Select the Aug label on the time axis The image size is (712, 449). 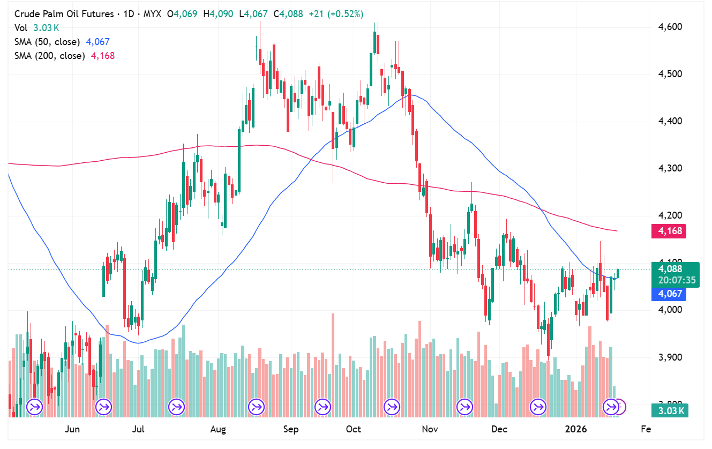218,429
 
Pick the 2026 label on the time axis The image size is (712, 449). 575,429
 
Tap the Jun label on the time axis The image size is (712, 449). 72,429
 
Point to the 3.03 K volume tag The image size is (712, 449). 669,411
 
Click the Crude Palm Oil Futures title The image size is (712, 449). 64,14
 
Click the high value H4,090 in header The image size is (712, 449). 218,14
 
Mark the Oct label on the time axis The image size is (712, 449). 354,429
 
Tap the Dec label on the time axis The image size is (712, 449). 499,429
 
